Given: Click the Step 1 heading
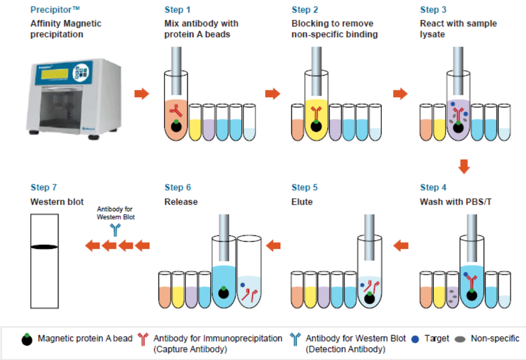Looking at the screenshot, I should pyautogui.click(x=177, y=10).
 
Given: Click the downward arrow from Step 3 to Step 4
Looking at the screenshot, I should pyautogui.click(x=463, y=167).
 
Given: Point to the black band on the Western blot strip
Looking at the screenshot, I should pyautogui.click(x=44, y=247).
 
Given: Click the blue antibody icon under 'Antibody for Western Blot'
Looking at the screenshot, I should pyautogui.click(x=115, y=230).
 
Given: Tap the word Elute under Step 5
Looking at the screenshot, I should pyautogui.click(x=302, y=202).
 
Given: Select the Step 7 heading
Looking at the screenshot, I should pyautogui.click(x=47, y=188).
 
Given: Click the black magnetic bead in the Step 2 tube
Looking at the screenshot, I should pyautogui.click(x=316, y=127).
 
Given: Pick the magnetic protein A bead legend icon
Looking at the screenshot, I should pyautogui.click(x=27, y=339).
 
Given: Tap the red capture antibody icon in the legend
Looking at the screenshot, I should pyautogui.click(x=143, y=339).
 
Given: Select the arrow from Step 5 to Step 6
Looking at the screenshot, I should pyautogui.click(x=274, y=246).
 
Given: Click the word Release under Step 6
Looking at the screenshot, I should pyautogui.click(x=181, y=202).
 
